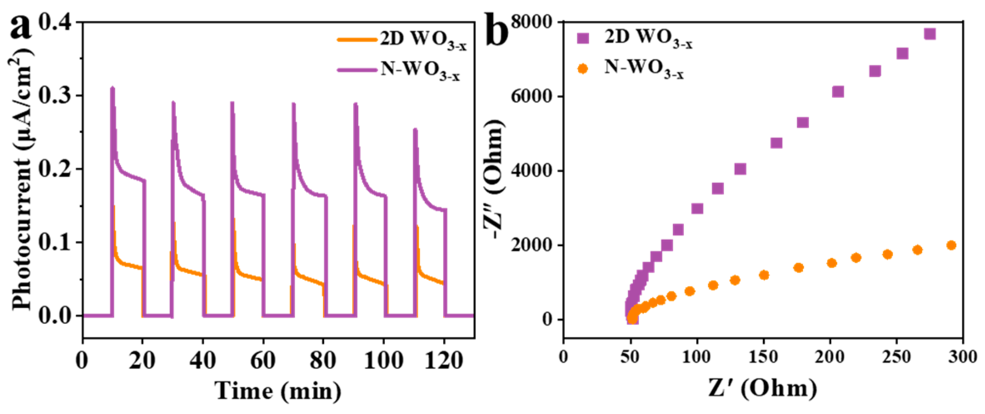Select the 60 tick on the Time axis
pyautogui.click(x=263, y=359)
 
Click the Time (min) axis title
pyautogui.click(x=278, y=391)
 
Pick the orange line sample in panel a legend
pyautogui.click(x=357, y=40)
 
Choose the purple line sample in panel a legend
pyautogui.click(x=357, y=70)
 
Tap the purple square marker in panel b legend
pyautogui.click(x=583, y=38)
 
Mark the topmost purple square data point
pyautogui.click(x=930, y=34)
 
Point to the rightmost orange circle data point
pyautogui.click(x=951, y=245)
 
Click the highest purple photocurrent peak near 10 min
pyautogui.click(x=112, y=88)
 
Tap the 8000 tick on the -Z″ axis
pyautogui.click(x=534, y=22)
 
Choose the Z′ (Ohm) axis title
pyautogui.click(x=762, y=389)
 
